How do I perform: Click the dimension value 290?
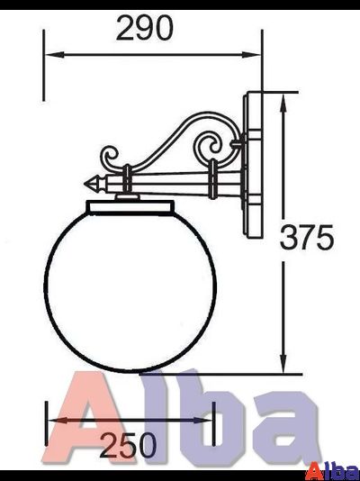click(x=144, y=29)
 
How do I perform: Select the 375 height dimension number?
click(x=306, y=237)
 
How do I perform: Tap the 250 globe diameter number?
click(x=128, y=444)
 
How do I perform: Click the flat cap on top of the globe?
click(x=131, y=207)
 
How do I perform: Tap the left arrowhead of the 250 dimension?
click(x=54, y=420)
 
